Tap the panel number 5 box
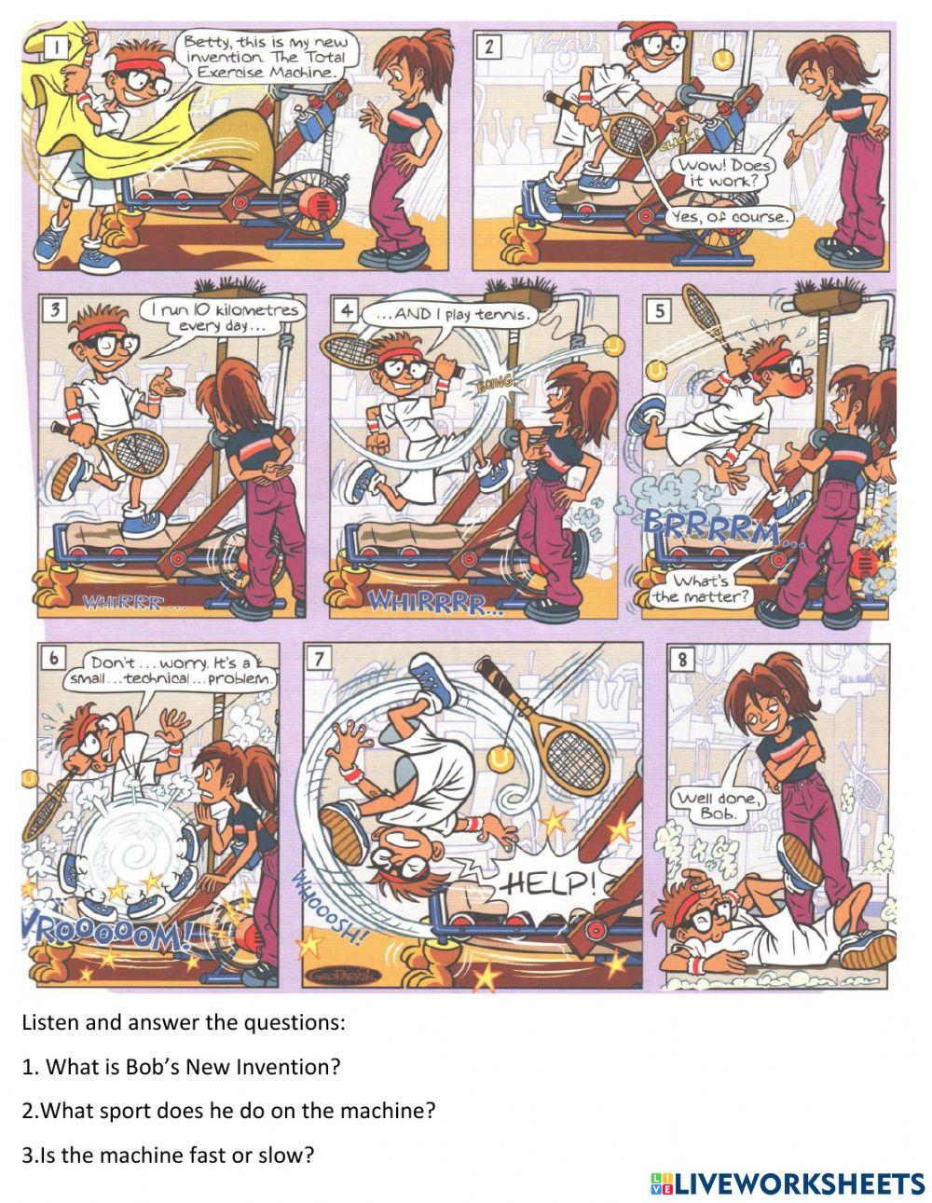pos(660,311)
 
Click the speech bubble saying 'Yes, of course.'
pos(729,217)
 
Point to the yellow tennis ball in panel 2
pos(720,59)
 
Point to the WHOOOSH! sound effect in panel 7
pos(326,909)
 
